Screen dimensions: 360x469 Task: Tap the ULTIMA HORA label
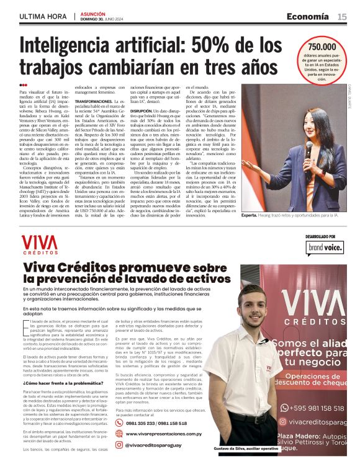coord(43,16)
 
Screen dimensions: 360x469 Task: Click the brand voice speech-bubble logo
coord(323,249)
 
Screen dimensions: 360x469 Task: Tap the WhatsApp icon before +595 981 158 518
coord(284,407)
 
